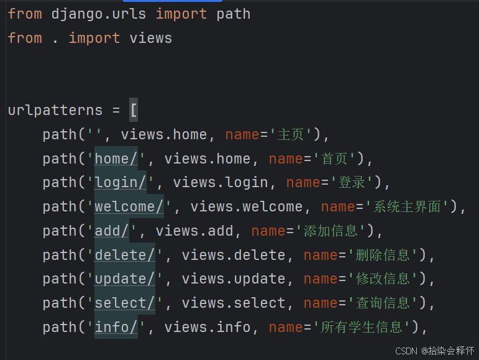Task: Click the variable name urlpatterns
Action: click(55, 110)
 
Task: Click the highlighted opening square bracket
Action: click(134, 110)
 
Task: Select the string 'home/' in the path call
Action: click(116, 159)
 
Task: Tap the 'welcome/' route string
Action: click(129, 206)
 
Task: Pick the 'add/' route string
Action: click(112, 231)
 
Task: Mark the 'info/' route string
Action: click(116, 327)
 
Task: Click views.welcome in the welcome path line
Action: click(246, 206)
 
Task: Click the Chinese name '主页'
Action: click(291, 134)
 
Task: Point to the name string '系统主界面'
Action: click(411, 206)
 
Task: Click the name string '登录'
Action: click(352, 183)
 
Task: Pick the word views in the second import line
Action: click(151, 38)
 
